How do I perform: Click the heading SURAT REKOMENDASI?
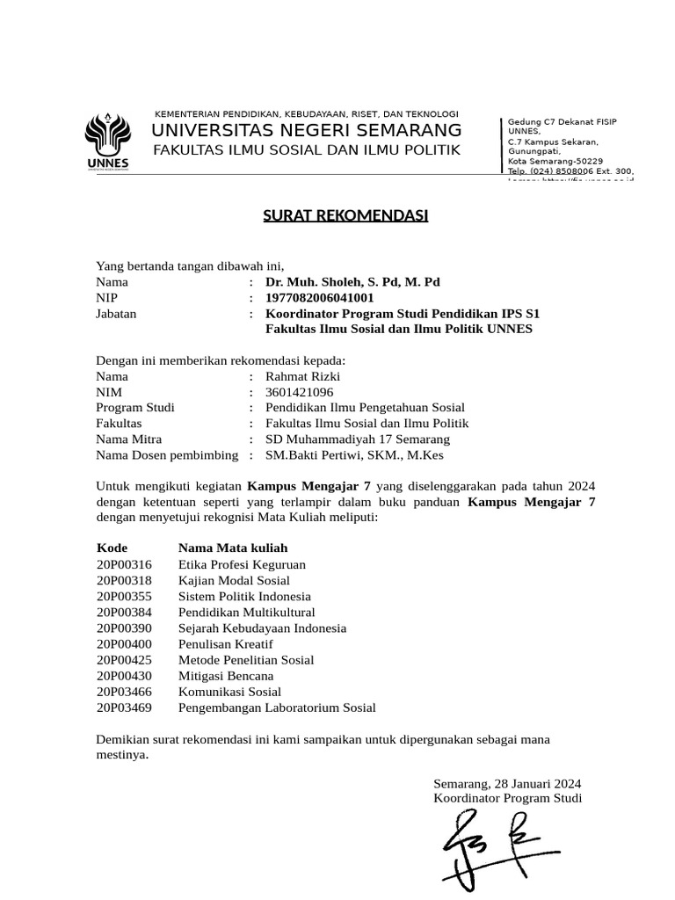point(345,215)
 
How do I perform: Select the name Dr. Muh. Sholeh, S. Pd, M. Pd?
point(352,282)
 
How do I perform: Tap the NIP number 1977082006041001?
point(313,298)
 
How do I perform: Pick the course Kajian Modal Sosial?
point(234,580)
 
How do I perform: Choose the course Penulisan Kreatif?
point(226,643)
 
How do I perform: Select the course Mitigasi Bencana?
point(226,675)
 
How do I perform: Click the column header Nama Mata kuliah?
point(227,548)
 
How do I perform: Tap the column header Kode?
point(112,548)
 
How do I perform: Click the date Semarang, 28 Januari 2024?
point(507,783)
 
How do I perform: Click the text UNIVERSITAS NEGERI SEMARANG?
point(306,131)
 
